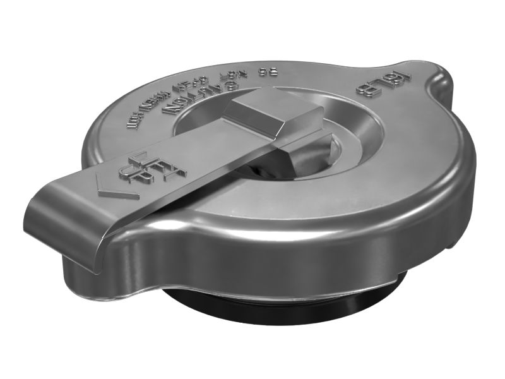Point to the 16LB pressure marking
(383, 83)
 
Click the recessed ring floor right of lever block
(353, 136)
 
